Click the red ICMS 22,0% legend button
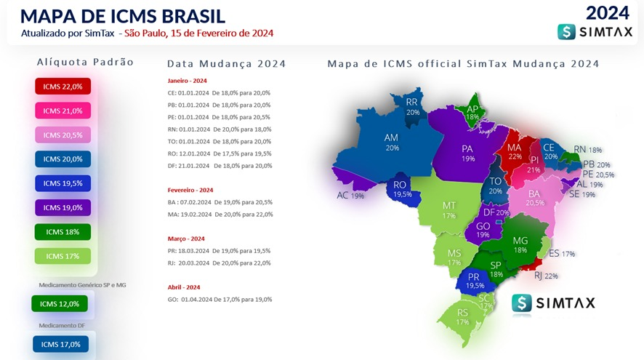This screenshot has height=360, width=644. coord(63,87)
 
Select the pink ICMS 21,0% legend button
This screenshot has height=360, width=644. coord(63,111)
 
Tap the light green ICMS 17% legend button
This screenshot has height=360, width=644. coord(63,256)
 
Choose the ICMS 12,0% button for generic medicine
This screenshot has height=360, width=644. coord(59,304)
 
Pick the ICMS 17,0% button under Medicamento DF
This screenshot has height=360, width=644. coord(60,344)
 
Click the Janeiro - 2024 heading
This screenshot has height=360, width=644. coord(187,80)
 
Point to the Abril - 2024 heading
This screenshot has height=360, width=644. coord(184,287)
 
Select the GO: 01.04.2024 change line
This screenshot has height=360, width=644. coord(219,299)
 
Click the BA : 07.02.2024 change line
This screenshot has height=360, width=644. coord(219,202)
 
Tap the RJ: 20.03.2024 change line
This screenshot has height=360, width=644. coord(219,263)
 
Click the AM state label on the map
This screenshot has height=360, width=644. coord(392,137)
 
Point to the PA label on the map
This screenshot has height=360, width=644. coord(467,148)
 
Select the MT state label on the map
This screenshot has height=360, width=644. coord(449,206)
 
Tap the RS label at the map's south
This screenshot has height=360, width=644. coord(463,313)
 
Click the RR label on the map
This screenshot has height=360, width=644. coord(412,103)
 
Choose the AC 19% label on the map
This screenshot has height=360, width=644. coord(350,196)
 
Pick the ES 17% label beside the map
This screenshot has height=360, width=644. coord(563,254)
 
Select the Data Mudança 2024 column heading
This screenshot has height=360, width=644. coord(226,64)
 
